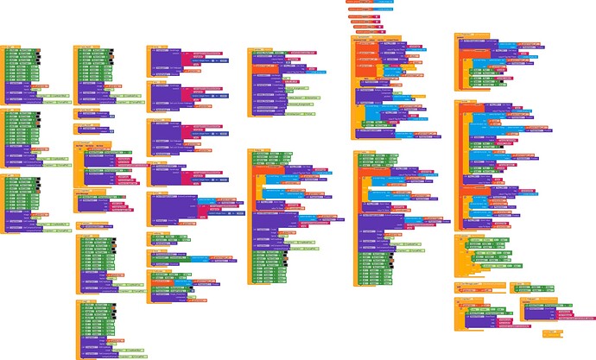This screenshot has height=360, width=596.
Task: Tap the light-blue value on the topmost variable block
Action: tap(385, 3)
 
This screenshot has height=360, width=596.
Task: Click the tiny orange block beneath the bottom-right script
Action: tap(550, 333)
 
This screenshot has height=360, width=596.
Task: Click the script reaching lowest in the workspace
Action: tap(99, 328)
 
